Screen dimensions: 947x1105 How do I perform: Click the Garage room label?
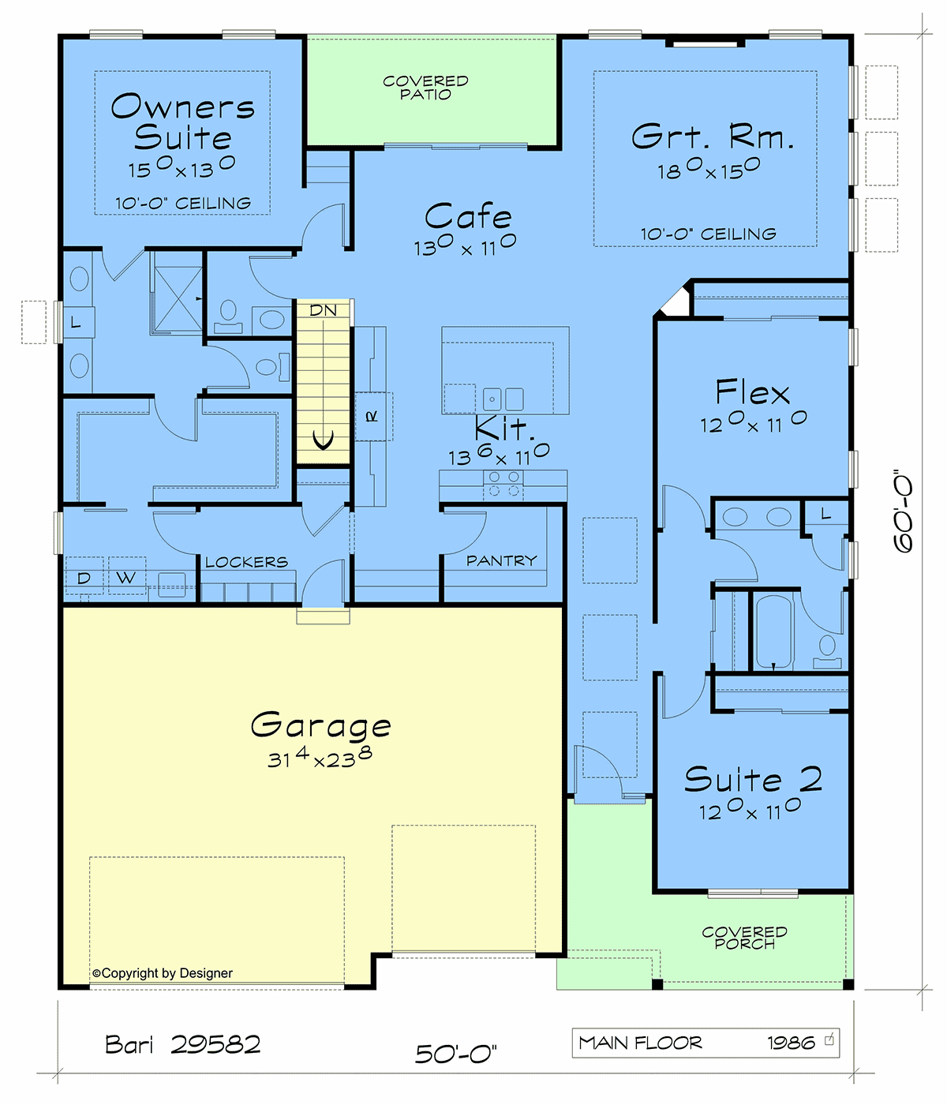click(x=320, y=725)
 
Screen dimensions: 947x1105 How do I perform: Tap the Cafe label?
click(x=468, y=216)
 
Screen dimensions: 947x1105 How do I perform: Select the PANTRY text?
click(x=501, y=560)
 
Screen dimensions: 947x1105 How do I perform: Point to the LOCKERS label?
click(x=246, y=562)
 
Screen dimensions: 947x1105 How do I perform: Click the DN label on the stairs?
click(x=324, y=310)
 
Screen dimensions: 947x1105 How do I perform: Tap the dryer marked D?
click(x=84, y=578)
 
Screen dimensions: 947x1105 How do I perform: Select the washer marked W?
click(x=126, y=577)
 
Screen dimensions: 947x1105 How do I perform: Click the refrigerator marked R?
click(x=373, y=417)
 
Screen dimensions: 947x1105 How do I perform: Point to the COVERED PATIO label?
click(x=425, y=88)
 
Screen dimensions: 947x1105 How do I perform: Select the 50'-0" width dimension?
click(x=456, y=1054)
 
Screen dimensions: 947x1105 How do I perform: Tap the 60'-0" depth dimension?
click(x=903, y=511)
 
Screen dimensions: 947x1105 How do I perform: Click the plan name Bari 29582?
click(x=183, y=1044)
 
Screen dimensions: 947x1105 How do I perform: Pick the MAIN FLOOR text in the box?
click(x=640, y=1043)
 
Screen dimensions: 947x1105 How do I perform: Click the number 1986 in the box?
click(x=792, y=1043)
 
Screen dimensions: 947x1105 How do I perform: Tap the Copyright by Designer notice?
click(x=163, y=973)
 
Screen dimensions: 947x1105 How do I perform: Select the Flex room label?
click(x=752, y=391)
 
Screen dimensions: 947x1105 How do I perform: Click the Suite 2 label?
click(x=754, y=779)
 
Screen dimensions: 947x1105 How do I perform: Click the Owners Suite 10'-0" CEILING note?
click(x=183, y=203)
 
